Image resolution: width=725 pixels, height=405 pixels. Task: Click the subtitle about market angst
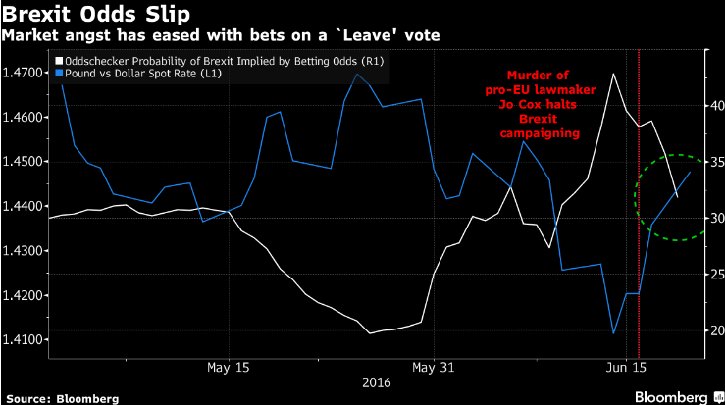(222, 36)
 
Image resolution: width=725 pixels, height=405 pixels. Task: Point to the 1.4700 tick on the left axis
(23, 73)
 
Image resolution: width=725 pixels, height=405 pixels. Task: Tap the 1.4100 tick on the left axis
(23, 340)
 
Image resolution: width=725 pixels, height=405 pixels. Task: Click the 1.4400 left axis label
(23, 207)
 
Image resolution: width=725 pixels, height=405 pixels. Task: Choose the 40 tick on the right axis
(713, 103)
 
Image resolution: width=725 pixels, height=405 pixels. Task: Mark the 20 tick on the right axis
(713, 330)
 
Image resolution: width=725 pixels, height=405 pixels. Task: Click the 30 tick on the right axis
(713, 217)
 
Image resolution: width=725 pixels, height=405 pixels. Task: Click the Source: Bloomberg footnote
(61, 397)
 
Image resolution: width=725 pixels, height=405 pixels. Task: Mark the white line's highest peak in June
(613, 74)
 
